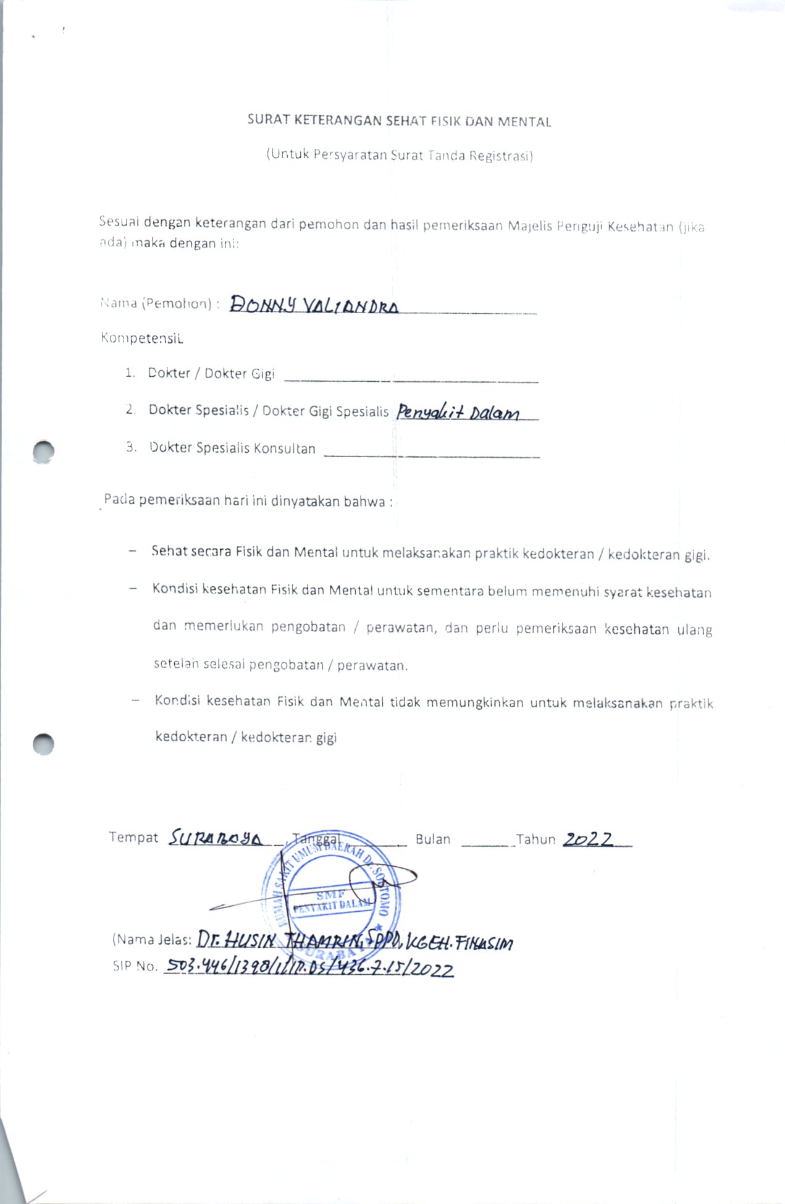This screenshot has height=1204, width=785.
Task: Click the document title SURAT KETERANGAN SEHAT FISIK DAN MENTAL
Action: [x=399, y=120]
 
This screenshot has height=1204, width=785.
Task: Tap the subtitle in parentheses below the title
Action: [x=400, y=154]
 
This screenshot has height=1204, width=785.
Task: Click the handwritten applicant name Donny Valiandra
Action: [x=314, y=305]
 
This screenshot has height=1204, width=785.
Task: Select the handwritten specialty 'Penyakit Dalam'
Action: [x=458, y=411]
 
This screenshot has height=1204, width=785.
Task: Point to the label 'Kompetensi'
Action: [x=142, y=338]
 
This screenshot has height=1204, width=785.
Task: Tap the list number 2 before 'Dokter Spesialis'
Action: [x=130, y=410]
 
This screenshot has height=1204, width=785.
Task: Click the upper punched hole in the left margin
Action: [x=44, y=452]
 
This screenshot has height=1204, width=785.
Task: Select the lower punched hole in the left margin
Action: [x=44, y=744]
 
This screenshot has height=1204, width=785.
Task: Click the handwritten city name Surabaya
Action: [x=216, y=838]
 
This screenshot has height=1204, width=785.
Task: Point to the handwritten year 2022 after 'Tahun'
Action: [x=589, y=839]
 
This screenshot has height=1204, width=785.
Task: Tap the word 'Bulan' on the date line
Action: [x=432, y=840]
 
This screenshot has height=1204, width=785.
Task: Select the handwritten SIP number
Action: [x=309, y=969]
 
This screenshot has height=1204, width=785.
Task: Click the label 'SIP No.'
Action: [x=135, y=966]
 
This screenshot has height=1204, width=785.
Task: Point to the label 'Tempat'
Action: [x=133, y=837]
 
